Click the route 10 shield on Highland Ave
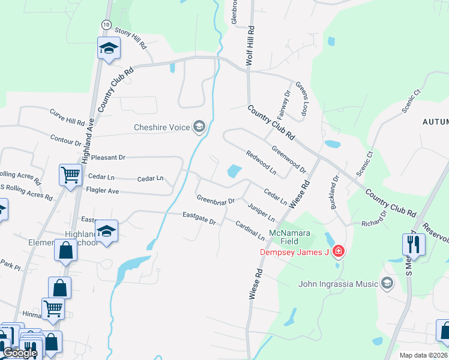tap(106, 24)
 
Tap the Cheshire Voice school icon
tap(199, 126)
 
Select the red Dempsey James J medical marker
tap(339, 251)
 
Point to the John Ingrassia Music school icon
tap(387, 283)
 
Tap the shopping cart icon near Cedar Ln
tap(71, 175)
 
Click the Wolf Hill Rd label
tap(251, 46)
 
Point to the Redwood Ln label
tap(261, 163)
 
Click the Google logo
tap(19, 353)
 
